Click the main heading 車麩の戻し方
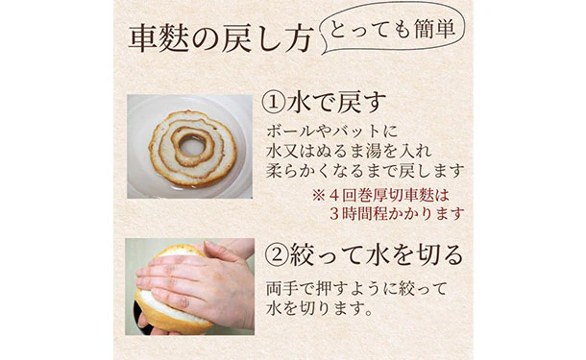[x=221, y=39]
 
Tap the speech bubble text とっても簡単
[x=392, y=28]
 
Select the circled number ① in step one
[x=274, y=103]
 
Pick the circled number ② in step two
[x=276, y=254]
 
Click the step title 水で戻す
[x=337, y=103]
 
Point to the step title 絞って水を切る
[x=377, y=254]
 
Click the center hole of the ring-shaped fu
[x=192, y=145]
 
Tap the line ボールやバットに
[x=332, y=132]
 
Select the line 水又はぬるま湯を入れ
[x=349, y=152]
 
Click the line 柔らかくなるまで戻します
[x=365, y=172]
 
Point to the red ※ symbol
[x=319, y=195]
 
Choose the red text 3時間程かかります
[x=397, y=214]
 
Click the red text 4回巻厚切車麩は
[x=389, y=195]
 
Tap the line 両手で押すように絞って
[x=356, y=289]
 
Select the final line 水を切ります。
[x=320, y=309]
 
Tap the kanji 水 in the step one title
[x=300, y=103]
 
